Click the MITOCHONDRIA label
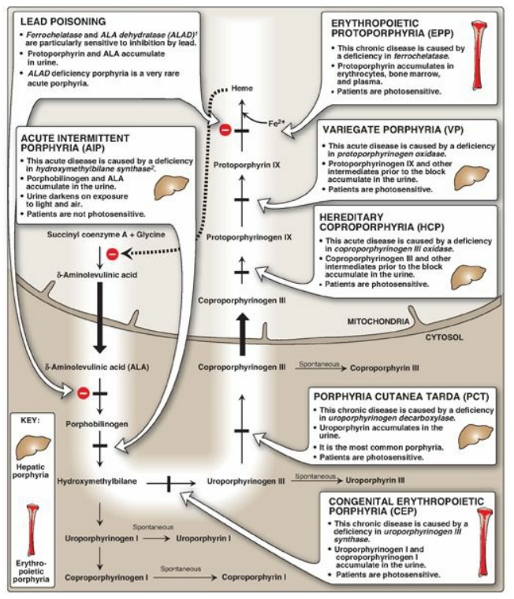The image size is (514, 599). pyautogui.click(x=377, y=322)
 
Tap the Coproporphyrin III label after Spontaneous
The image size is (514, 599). pyautogui.click(x=384, y=368)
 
